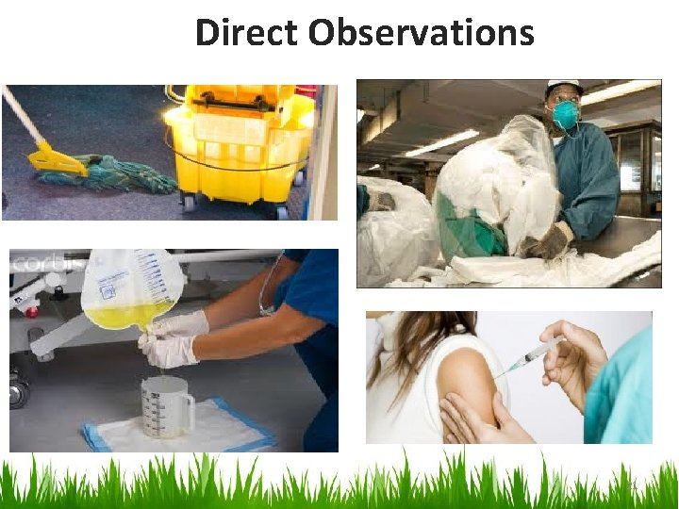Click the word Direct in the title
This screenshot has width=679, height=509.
(246, 33)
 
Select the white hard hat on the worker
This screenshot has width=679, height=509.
(564, 87)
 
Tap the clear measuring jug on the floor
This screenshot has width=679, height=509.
(163, 405)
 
